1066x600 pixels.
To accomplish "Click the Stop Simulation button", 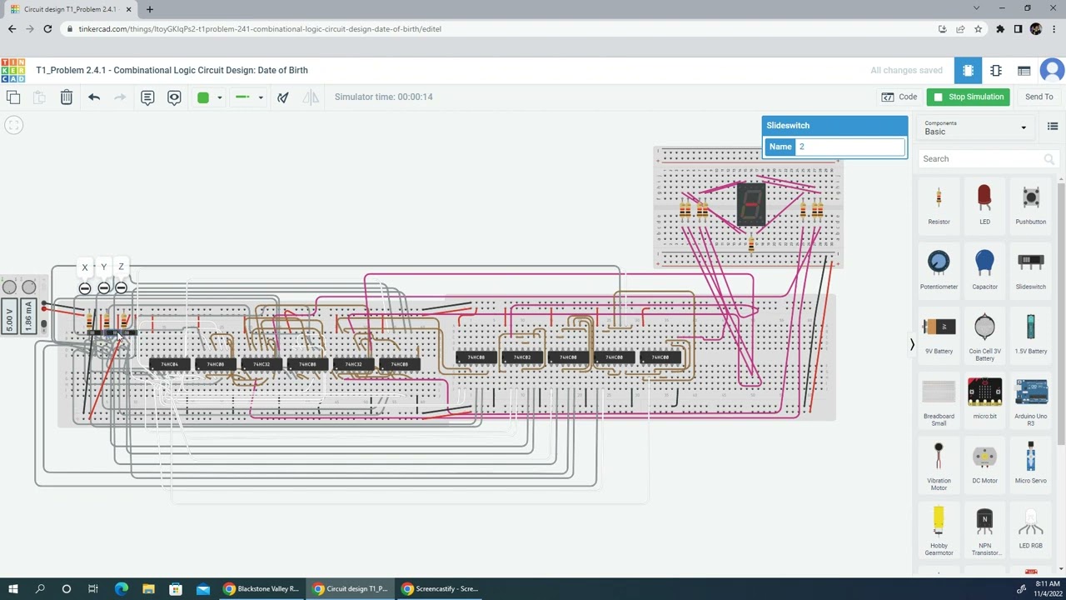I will [x=968, y=97].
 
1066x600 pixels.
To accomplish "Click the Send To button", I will [x=1039, y=97].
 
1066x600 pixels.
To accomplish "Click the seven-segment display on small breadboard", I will [x=751, y=203].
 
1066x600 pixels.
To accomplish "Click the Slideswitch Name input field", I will [x=849, y=147].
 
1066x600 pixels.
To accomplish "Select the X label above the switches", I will [x=85, y=267].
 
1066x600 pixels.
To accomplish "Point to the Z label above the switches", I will [x=122, y=267].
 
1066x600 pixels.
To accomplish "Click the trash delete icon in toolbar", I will [x=67, y=97].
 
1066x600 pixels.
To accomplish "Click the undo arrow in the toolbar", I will [x=94, y=97].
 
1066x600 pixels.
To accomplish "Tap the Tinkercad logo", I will [x=12, y=70].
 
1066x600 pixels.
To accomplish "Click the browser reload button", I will [x=47, y=28].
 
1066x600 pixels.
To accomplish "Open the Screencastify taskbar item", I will [x=440, y=588].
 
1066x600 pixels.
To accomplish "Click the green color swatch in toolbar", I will [x=203, y=97].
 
